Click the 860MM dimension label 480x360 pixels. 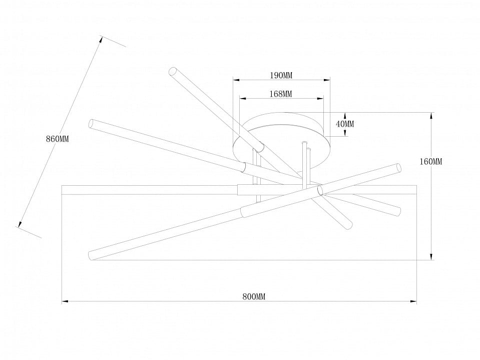point(57,139)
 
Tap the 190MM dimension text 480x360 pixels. point(281,75)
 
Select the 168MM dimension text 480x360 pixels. point(281,94)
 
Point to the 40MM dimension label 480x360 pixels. point(345,124)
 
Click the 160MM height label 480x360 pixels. point(431,162)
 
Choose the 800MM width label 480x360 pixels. point(254,296)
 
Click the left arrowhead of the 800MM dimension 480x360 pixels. point(65,301)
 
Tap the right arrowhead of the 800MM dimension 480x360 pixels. point(413,301)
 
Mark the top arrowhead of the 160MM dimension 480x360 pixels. point(431,116)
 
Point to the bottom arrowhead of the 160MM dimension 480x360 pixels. point(431,257)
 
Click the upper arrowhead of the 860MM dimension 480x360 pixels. point(101,40)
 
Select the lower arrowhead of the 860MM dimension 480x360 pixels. point(20,224)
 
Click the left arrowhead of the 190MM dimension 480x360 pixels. point(236,80)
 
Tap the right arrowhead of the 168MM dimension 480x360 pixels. point(320,99)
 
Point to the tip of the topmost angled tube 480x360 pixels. point(172,71)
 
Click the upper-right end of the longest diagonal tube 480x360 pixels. point(398,168)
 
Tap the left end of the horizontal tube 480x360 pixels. point(62,190)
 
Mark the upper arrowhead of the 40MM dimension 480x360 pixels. point(345,116)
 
